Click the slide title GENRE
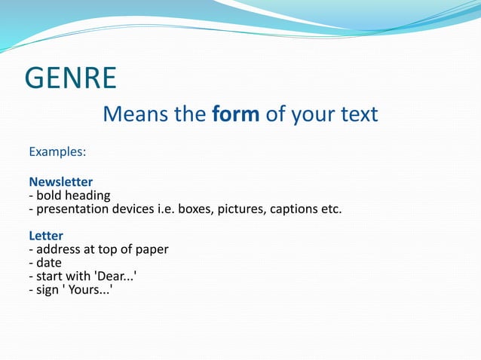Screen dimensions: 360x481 pos(71,78)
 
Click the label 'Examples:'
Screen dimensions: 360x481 pos(57,152)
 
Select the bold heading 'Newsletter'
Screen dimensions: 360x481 pos(61,182)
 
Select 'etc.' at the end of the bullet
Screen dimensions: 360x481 pos(330,209)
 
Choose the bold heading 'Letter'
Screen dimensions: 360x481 pos(46,236)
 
